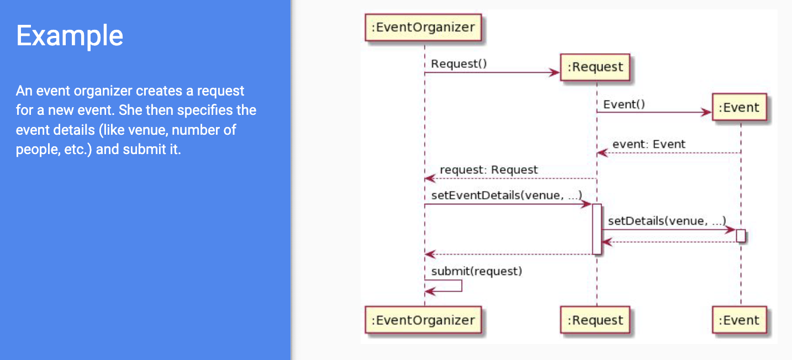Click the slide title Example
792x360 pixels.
tap(70, 36)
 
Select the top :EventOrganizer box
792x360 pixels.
tap(423, 27)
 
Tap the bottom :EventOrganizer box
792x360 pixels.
tap(423, 320)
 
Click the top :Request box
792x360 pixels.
tap(595, 67)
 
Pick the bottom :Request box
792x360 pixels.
tap(595, 320)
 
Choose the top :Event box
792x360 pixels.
tap(740, 107)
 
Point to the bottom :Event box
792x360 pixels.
tap(740, 320)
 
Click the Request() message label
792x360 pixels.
tap(459, 64)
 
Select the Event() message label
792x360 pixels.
tap(624, 104)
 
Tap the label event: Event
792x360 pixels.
tap(649, 144)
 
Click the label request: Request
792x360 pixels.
tap(489, 170)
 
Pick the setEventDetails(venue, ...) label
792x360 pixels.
tap(506, 195)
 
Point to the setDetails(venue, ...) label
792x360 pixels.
tap(667, 221)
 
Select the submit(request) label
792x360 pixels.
tap(477, 272)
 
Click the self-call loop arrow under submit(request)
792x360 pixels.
tap(462, 286)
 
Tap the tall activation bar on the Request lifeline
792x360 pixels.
tap(597, 229)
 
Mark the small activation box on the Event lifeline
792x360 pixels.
tap(741, 236)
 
